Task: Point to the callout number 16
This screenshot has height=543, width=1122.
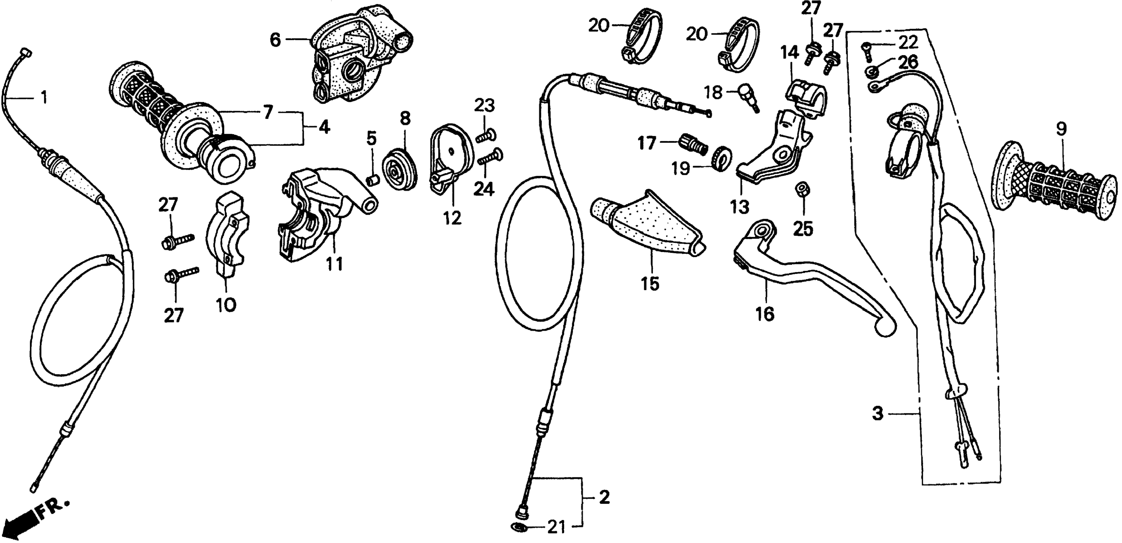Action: [x=765, y=313]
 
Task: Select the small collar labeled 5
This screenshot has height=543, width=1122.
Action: [x=371, y=179]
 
